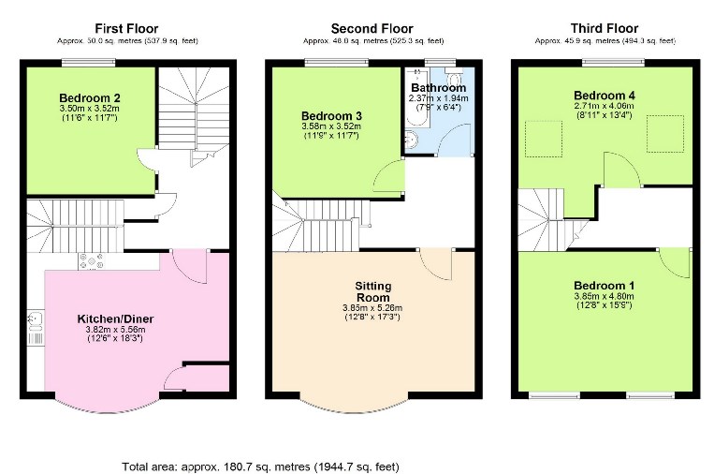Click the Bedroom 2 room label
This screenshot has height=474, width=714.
coord(90,97)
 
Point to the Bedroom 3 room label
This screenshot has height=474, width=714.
coord(331,115)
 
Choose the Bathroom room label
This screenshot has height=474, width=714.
coord(436,88)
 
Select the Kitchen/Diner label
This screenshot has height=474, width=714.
coord(115,318)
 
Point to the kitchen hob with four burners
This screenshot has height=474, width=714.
coord(92,261)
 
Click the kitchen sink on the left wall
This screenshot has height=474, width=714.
coord(35,322)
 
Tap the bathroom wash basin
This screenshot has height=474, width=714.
coord(411,141)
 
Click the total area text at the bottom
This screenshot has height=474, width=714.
coord(275,466)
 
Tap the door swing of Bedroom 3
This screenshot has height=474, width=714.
coord(389,173)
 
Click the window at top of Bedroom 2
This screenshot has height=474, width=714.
coord(91,63)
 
